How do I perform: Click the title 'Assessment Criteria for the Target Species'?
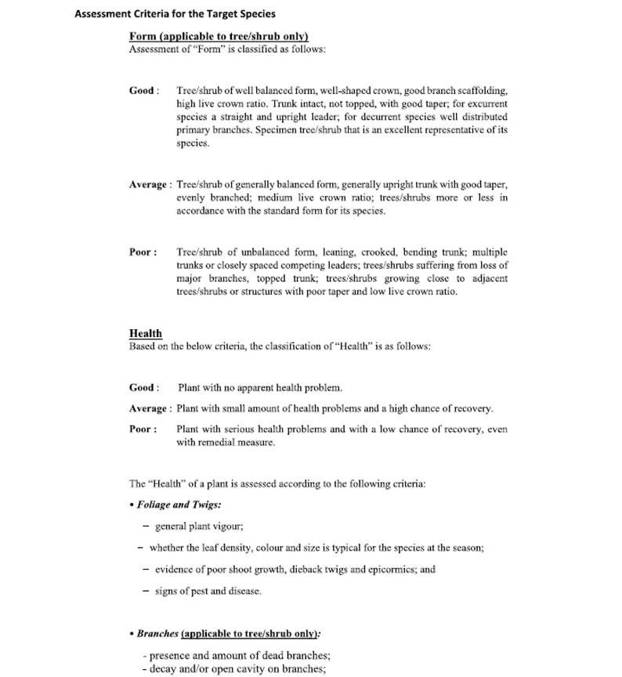tap(175, 14)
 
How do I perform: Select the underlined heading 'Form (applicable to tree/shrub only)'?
tap(219, 36)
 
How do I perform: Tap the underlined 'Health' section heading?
tap(146, 333)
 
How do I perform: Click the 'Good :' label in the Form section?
tap(144, 90)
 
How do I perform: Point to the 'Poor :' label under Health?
tap(143, 429)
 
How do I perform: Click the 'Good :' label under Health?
tap(144, 387)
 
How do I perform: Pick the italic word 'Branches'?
tap(157, 633)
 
